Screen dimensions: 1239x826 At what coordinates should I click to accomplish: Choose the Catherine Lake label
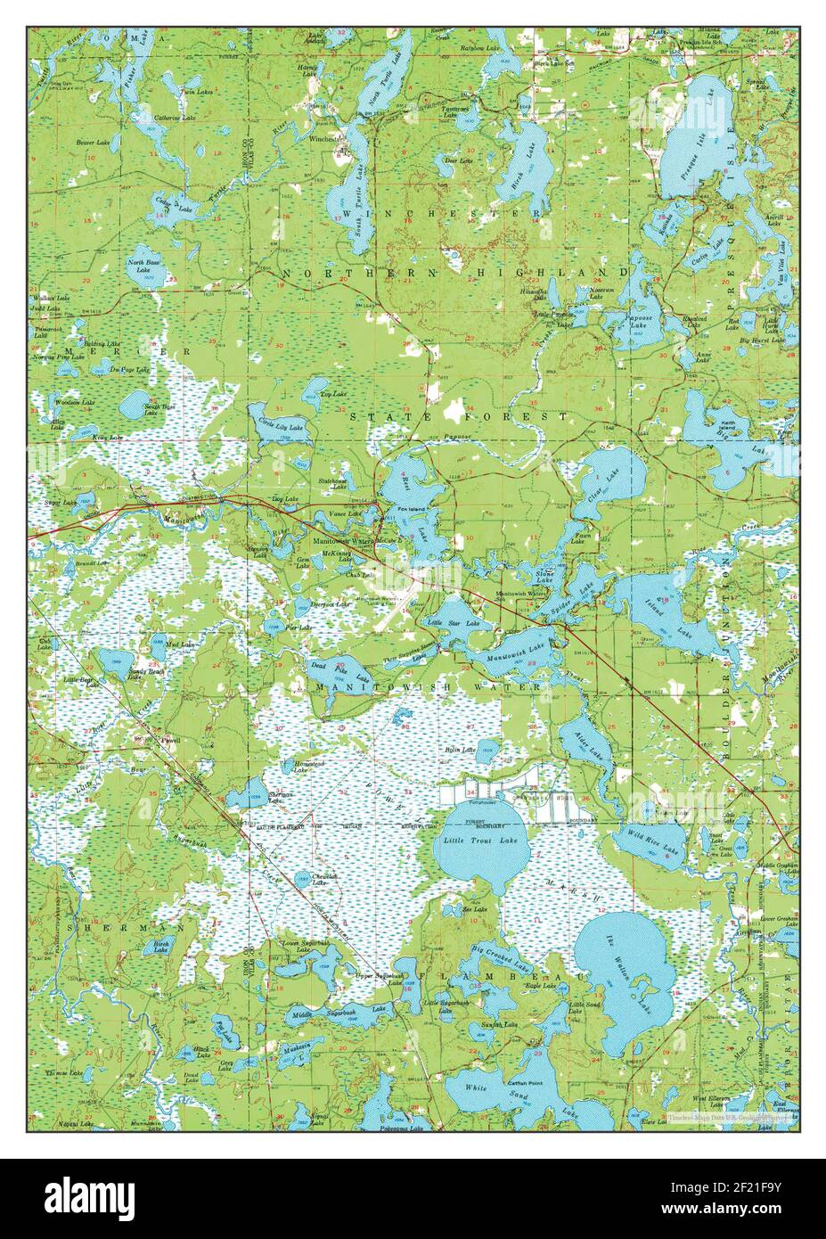click(x=174, y=118)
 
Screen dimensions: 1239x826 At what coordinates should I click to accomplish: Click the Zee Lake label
click(x=473, y=909)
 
